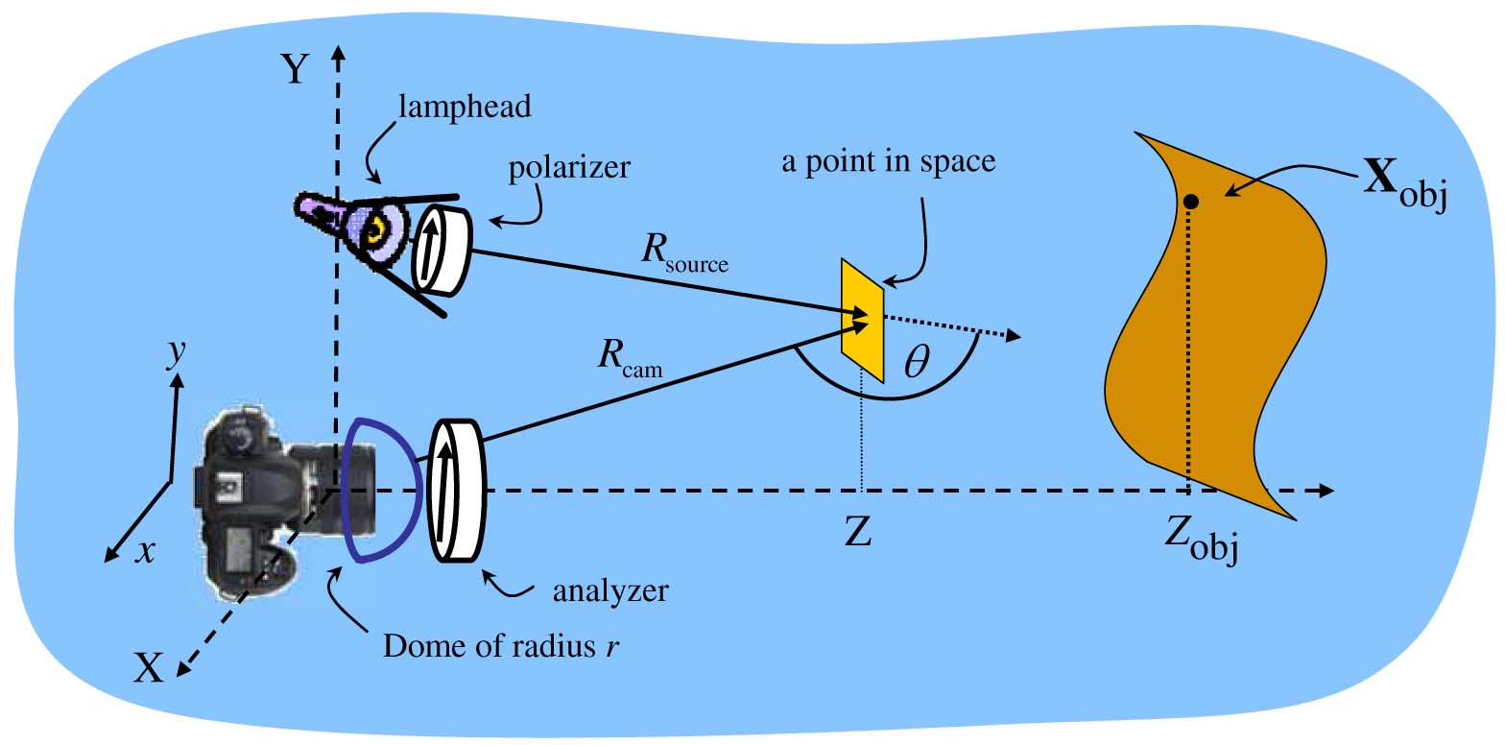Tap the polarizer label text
[x=570, y=169]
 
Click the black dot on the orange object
[x=1190, y=202]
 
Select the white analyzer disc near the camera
[x=459, y=490]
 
